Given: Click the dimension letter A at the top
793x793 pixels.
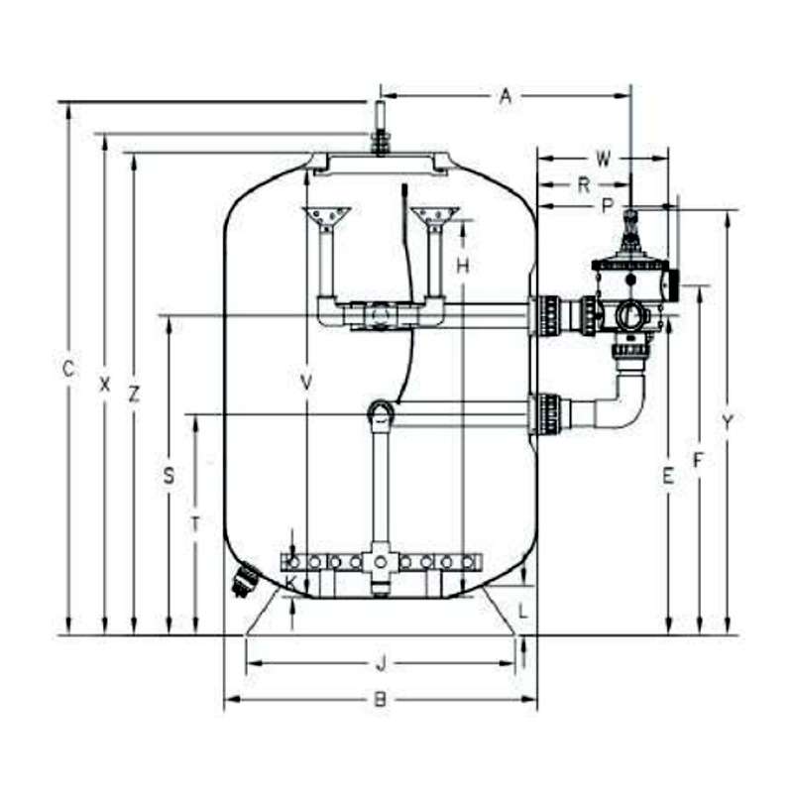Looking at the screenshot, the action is point(506,95).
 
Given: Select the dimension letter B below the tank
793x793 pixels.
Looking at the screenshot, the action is point(380,700).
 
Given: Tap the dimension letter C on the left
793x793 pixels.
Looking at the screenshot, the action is point(68,369).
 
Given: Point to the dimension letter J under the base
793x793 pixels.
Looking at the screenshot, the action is point(382,663).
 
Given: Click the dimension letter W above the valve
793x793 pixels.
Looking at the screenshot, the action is point(603,159).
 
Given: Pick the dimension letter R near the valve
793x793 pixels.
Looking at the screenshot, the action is point(584,185).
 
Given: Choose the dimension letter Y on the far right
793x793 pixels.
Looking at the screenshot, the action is point(728,422).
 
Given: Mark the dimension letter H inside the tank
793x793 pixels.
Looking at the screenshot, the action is point(463,265).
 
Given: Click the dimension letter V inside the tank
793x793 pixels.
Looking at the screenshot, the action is point(306,383).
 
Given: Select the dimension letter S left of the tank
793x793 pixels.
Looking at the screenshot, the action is point(169,476).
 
